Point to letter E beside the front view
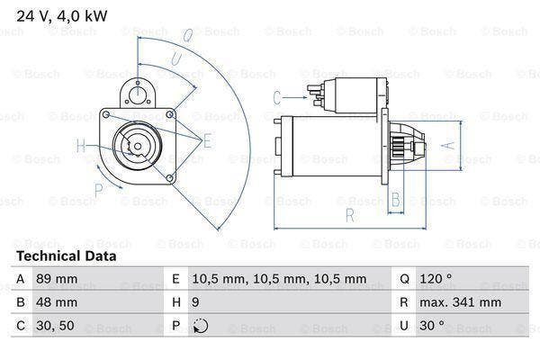pyautogui.click(x=208, y=139)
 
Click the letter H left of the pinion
pyautogui.click(x=80, y=146)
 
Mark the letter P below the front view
pyautogui.click(x=100, y=189)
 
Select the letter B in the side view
pyautogui.click(x=393, y=199)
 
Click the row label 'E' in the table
pyautogui.click(x=174, y=279)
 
